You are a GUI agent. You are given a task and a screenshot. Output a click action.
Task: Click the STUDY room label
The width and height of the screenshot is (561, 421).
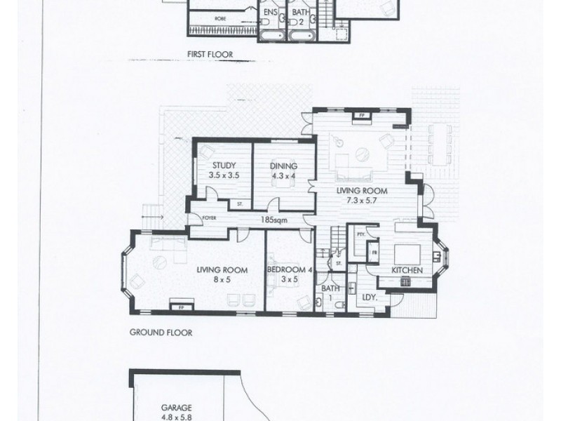[224, 166]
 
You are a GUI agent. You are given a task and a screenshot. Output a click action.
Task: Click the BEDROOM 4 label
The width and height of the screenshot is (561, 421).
[290, 269]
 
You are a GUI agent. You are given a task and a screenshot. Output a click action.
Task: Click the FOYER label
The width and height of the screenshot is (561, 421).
[208, 218]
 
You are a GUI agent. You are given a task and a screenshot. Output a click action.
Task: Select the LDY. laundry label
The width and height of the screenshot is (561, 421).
[370, 297]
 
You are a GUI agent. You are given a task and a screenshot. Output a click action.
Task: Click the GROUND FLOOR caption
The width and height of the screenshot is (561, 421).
[160, 335]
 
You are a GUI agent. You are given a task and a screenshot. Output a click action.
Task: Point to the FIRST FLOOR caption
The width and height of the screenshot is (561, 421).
[210, 53]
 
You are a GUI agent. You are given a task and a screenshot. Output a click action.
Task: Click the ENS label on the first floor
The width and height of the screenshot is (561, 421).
[271, 13]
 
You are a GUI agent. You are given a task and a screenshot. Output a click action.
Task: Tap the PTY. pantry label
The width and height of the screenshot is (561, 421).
[360, 234]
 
